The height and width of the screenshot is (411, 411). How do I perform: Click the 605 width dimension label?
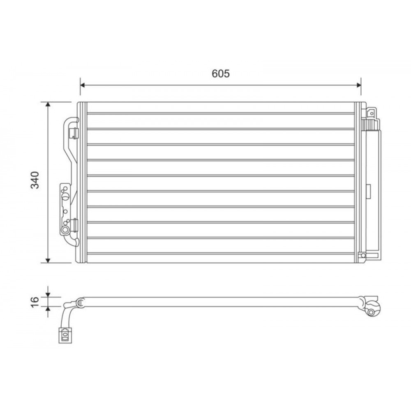221,74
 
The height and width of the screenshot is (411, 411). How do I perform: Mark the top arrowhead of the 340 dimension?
48,104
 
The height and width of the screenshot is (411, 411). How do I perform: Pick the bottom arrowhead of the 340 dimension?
48,260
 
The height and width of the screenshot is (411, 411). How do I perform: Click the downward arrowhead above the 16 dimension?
48,293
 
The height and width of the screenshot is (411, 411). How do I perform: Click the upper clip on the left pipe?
74,132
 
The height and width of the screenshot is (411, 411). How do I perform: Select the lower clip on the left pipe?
74,224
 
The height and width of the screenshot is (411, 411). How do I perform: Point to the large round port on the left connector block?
65,229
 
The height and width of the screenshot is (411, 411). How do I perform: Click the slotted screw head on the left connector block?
65,197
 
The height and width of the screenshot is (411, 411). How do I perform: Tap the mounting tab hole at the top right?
371,111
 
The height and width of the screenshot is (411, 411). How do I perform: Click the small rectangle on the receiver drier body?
369,189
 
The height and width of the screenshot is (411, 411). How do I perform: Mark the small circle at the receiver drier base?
363,256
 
